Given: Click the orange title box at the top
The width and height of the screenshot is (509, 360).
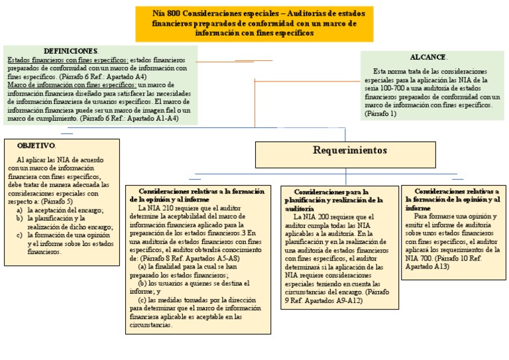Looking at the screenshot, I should (254, 23).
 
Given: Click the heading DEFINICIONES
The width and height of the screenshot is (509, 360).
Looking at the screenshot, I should (71, 51).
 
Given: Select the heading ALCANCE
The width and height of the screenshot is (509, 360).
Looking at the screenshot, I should (429, 58).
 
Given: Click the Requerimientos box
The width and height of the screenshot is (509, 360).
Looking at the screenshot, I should (345, 151).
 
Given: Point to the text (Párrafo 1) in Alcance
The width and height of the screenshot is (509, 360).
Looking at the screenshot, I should (380, 114).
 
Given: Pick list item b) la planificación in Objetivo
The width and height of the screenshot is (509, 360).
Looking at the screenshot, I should (56, 218).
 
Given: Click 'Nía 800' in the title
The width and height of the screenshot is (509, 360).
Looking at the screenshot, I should (166, 13).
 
